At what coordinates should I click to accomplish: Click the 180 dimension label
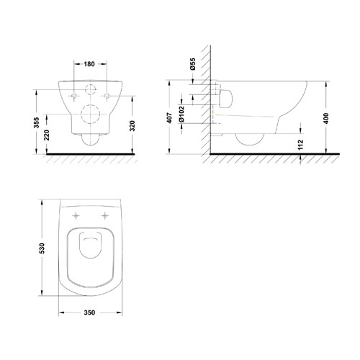click(x=89, y=64)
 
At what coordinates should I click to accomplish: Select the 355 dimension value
click(x=36, y=122)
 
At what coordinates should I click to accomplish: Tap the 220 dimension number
click(x=47, y=135)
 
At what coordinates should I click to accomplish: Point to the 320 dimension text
click(x=132, y=126)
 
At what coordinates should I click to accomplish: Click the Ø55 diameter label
click(x=193, y=64)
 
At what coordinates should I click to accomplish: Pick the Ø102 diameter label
click(x=181, y=114)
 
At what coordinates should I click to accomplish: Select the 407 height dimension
click(x=169, y=118)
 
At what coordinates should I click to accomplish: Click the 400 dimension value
click(x=326, y=118)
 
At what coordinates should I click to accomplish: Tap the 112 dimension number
click(x=300, y=145)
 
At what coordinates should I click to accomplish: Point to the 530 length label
click(x=42, y=248)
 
